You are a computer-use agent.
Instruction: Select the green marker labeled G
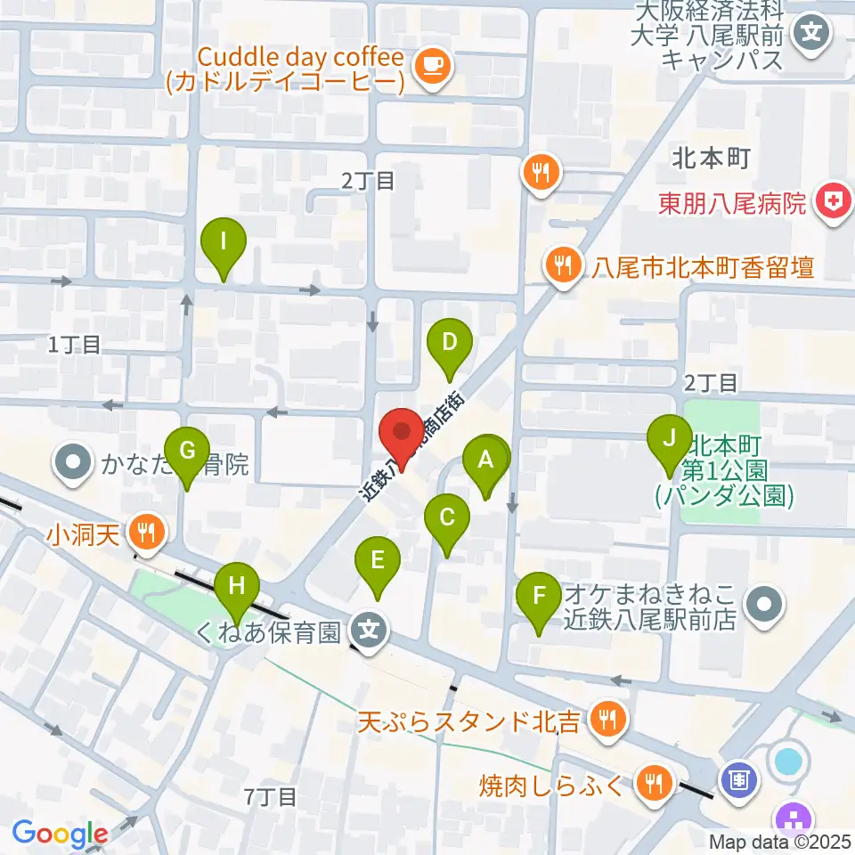187,451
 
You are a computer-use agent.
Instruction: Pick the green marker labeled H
237,588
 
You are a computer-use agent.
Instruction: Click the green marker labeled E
378,561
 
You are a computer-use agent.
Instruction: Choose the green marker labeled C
447,517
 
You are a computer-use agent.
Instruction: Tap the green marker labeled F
540,595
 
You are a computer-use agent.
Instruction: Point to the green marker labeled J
670,440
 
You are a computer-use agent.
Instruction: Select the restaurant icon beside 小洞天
144,533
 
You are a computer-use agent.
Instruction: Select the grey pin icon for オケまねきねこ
763,606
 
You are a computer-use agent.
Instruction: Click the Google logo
61,835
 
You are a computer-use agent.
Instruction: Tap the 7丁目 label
271,796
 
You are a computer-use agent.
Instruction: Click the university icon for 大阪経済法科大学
812,36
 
